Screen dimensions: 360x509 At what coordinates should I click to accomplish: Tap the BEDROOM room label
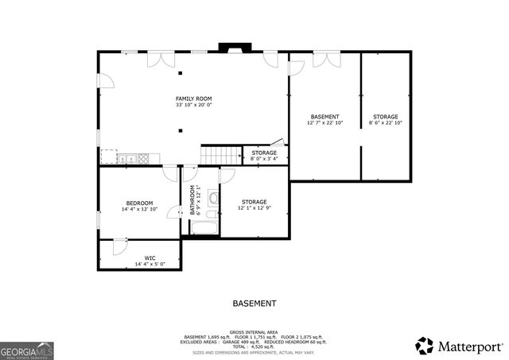[x=139, y=203]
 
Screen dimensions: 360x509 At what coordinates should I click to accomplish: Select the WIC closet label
[x=150, y=258]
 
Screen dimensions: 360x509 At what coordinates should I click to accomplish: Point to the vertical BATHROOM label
[x=192, y=199]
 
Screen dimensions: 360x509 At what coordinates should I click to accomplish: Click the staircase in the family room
[x=220, y=155]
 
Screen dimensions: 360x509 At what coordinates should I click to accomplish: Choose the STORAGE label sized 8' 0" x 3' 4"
[x=264, y=153]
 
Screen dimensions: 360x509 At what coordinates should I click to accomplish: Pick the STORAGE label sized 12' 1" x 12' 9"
[x=254, y=202]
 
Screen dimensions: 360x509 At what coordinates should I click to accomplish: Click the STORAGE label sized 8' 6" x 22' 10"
[x=386, y=117]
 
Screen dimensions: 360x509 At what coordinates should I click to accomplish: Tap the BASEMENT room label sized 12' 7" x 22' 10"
[x=324, y=117]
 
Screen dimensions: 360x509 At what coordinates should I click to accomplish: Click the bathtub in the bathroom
[x=203, y=228]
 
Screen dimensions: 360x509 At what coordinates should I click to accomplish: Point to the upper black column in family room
[x=181, y=74]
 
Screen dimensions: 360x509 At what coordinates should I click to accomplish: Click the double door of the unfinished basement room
[x=325, y=60]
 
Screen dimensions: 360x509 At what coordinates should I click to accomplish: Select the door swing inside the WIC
[x=119, y=247]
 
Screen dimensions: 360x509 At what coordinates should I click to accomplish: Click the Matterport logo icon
[x=425, y=346]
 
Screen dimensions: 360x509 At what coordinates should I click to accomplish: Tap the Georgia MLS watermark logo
[x=27, y=350]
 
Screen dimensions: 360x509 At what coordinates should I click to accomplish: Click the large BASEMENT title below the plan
[x=254, y=304]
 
